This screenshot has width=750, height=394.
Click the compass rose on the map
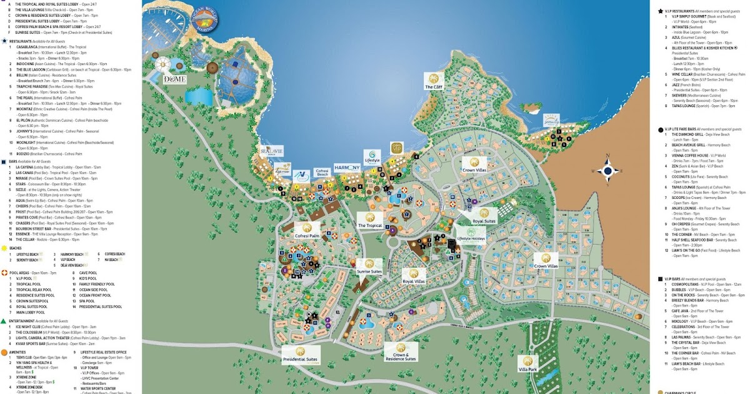point(606,171)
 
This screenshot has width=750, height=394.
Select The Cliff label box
point(433,81)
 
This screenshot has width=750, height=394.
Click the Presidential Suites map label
point(301,354)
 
